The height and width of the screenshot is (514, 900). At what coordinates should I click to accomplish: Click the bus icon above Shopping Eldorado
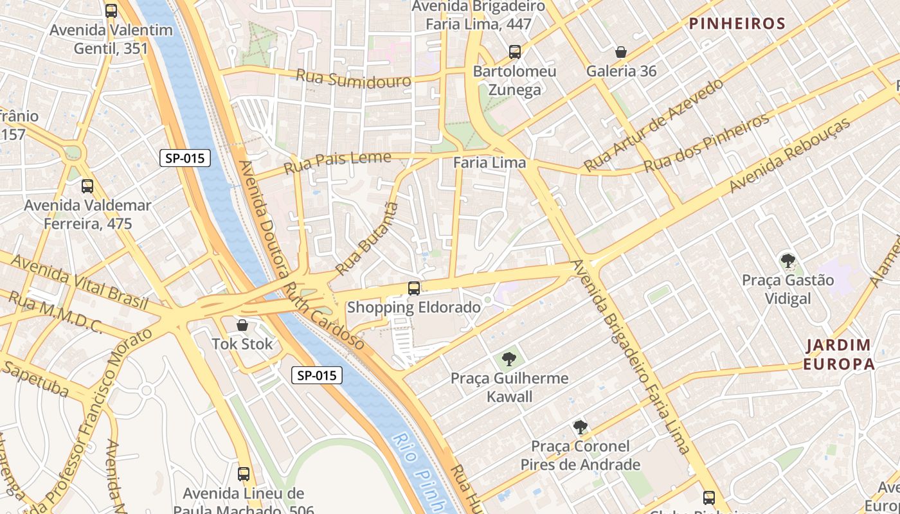(x=414, y=288)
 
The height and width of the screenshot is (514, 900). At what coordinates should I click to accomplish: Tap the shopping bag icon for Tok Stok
(x=242, y=325)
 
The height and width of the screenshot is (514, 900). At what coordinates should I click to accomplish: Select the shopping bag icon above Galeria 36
(x=621, y=52)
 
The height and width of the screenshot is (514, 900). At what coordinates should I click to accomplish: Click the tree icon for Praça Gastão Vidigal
(x=787, y=261)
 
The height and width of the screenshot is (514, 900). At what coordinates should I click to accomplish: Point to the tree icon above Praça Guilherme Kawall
(x=509, y=359)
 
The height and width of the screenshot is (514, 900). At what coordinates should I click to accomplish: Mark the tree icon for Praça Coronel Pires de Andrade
(x=580, y=427)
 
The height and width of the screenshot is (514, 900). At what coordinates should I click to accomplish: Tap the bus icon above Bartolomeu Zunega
(x=514, y=52)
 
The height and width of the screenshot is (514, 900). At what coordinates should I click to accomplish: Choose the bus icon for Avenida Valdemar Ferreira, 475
(x=87, y=186)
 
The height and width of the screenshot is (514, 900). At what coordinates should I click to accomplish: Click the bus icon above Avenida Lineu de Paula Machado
(x=244, y=474)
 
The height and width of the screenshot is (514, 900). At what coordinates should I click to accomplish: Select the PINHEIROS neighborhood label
(x=737, y=24)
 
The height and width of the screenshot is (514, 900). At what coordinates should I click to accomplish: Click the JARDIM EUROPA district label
(x=839, y=355)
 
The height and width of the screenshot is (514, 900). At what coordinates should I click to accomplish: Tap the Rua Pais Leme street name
(x=337, y=161)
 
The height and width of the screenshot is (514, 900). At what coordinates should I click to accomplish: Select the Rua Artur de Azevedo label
(x=653, y=125)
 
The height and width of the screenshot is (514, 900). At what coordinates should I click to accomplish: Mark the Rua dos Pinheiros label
(x=706, y=143)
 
